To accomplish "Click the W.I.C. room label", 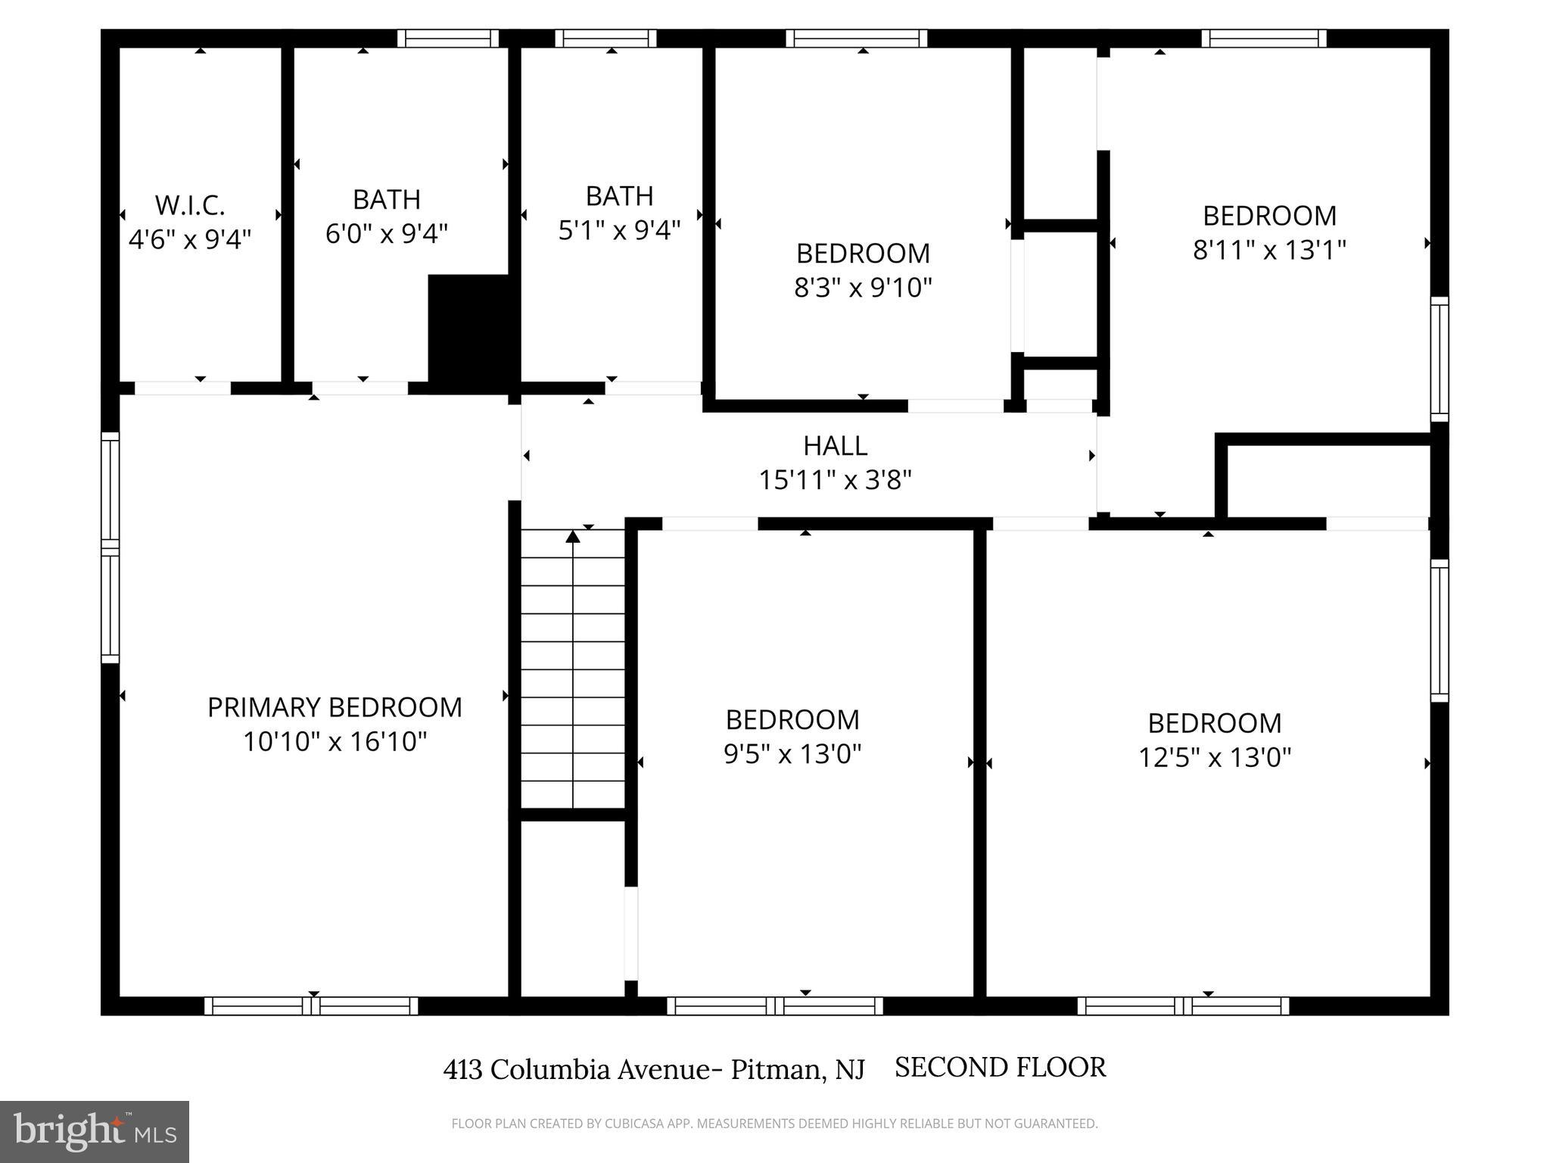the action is point(190,205).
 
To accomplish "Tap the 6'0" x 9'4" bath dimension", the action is point(387,233).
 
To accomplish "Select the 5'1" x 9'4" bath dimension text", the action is point(620,230).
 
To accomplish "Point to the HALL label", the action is point(836,445).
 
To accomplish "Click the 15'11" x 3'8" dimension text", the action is point(836,480).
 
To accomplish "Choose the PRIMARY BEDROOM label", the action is point(335,707).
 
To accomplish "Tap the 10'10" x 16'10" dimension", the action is point(335,741).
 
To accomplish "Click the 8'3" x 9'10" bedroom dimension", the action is point(863,288).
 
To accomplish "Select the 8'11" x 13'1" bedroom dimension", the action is point(1270,250).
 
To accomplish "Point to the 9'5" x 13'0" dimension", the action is point(792,754).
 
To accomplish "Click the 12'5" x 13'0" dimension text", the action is point(1215,757).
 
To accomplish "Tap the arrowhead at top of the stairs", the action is point(573,537).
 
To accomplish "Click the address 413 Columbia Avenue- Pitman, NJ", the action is point(654,1069).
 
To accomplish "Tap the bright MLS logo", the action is point(95,1131).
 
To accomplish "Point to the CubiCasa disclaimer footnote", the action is point(774,1124).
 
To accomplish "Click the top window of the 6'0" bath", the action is point(448,38).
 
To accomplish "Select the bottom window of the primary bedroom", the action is point(311,1006).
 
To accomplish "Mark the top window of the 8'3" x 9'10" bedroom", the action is point(856,38).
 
